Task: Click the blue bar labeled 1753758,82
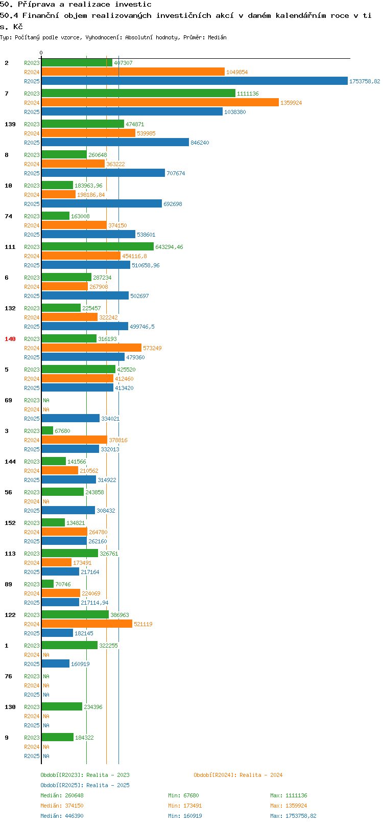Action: [195, 81]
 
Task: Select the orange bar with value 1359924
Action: [160, 102]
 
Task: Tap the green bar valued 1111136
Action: [138, 93]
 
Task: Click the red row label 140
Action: [10, 339]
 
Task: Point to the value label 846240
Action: [200, 143]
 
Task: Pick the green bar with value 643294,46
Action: [98, 247]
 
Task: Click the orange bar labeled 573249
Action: [91, 348]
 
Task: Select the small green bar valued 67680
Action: [47, 430]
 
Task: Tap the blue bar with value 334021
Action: [70, 419]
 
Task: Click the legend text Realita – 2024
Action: [261, 775]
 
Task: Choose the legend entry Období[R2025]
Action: [62, 785]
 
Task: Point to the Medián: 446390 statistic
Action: [62, 816]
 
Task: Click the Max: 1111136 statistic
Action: [289, 795]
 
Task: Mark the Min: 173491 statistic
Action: [185, 806]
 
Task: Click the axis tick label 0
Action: [41, 53]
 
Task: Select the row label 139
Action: [10, 124]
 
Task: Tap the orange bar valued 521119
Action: [87, 624]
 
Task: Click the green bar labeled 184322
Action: [57, 737]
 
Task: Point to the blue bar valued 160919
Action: [56, 663]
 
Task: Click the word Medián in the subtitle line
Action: [217, 37]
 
